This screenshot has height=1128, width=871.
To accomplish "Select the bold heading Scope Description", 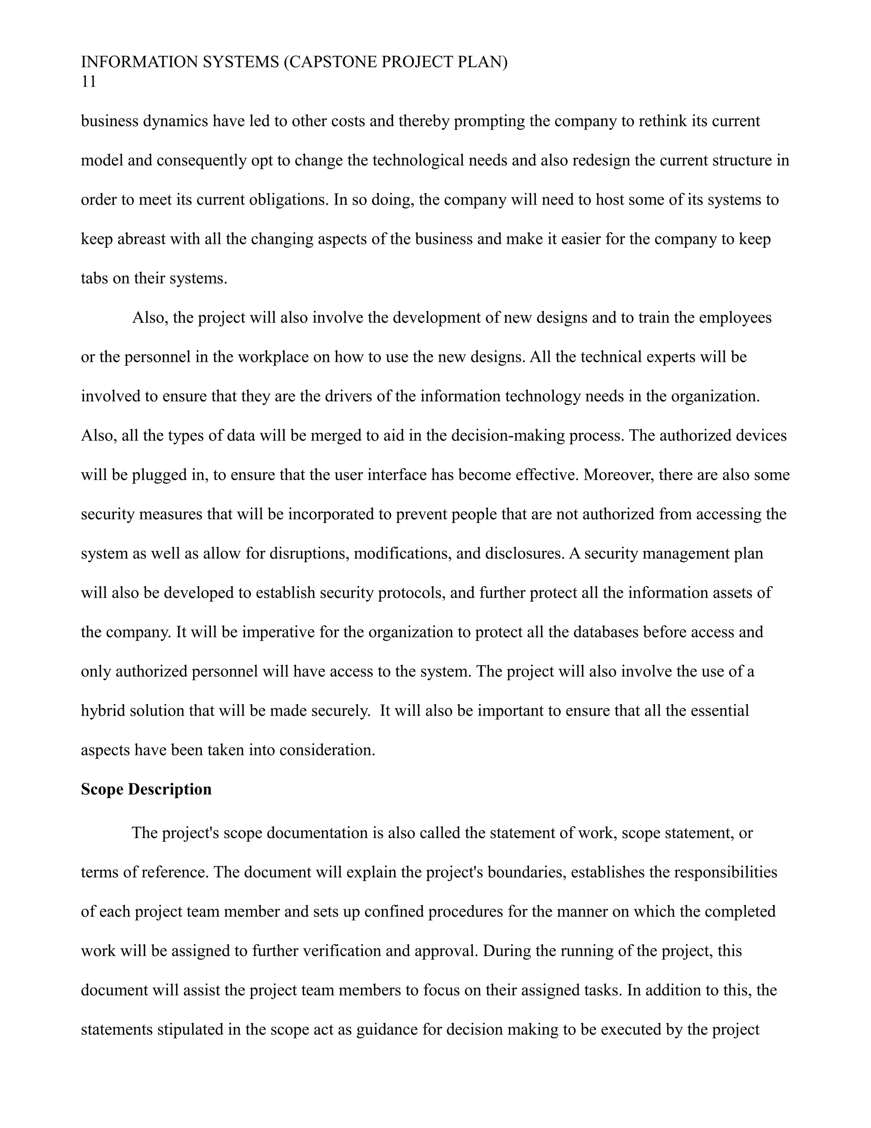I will tap(146, 789).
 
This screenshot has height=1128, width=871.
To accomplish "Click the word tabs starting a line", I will tap(95, 278).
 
